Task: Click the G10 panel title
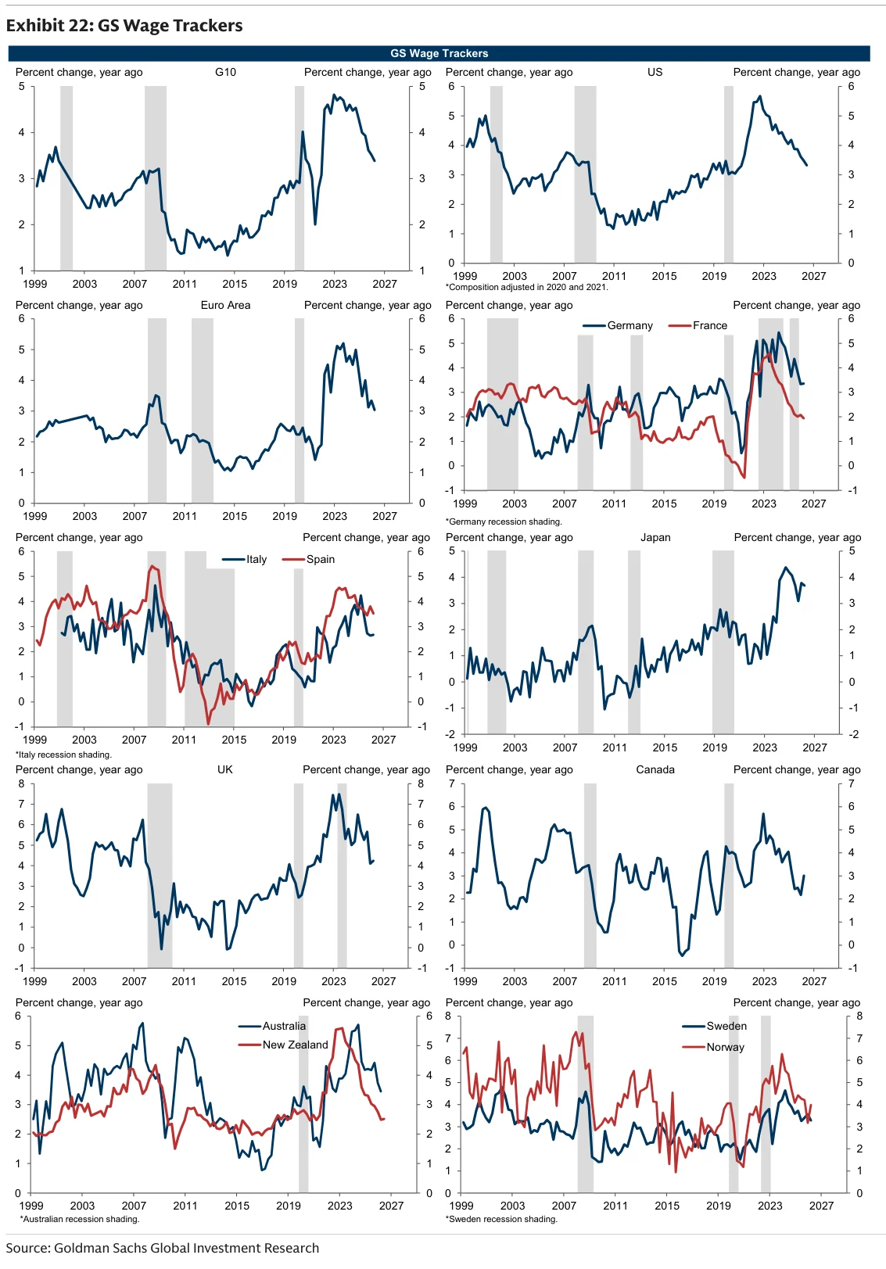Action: (225, 72)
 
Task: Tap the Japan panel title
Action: (655, 537)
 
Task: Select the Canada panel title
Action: (655, 769)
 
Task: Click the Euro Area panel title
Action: (225, 305)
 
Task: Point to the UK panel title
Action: (225, 769)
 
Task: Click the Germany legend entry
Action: (618, 325)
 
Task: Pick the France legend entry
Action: (698, 325)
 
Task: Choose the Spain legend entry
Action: (308, 559)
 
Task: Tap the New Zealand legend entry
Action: (283, 1045)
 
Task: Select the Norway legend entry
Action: (713, 1047)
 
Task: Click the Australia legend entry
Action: (272, 1026)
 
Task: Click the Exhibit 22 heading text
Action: (124, 26)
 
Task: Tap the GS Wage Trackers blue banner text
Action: (439, 53)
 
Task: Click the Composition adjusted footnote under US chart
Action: (527, 287)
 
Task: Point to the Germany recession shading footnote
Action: (504, 522)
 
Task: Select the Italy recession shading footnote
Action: (63, 754)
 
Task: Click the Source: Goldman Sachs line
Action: (163, 1248)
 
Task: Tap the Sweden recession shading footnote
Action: (501, 1219)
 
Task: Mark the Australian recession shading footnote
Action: (79, 1219)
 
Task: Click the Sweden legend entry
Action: (714, 1026)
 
